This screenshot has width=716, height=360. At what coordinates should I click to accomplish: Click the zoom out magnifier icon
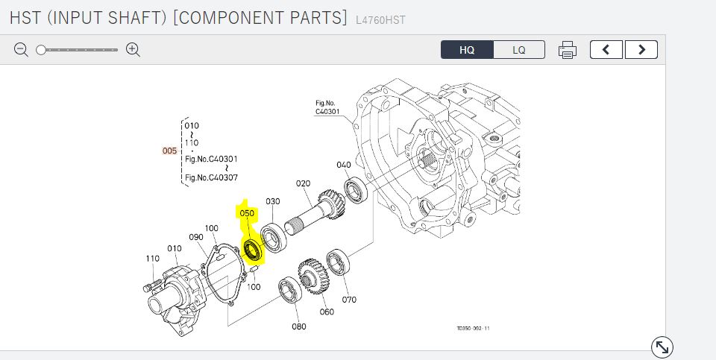pyautogui.click(x=21, y=50)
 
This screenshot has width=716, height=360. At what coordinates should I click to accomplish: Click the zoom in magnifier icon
pyautogui.click(x=134, y=50)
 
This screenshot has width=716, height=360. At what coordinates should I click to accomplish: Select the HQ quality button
pyautogui.click(x=467, y=50)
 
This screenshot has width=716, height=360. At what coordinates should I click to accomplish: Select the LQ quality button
pyautogui.click(x=519, y=50)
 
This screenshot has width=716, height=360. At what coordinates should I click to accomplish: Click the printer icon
pyautogui.click(x=568, y=50)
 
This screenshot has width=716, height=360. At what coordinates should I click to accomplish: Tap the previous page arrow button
pyautogui.click(x=606, y=50)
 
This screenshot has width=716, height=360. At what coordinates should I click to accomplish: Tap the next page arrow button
pyautogui.click(x=641, y=50)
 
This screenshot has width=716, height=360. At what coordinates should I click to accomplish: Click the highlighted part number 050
pyautogui.click(x=247, y=213)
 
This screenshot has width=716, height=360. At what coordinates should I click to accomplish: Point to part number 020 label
pyautogui.click(x=303, y=183)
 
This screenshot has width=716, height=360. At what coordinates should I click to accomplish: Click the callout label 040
pyautogui.click(x=344, y=165)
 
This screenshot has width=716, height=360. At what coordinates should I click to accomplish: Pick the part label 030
pyautogui.click(x=273, y=201)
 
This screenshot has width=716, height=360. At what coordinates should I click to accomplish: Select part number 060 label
pyautogui.click(x=327, y=312)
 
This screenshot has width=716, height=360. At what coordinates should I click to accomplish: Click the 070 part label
pyautogui.click(x=349, y=300)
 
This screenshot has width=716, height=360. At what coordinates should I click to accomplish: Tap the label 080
pyautogui.click(x=299, y=326)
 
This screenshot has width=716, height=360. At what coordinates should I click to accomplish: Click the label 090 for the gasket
pyautogui.click(x=196, y=237)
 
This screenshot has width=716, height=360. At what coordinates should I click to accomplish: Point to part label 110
pyautogui.click(x=153, y=259)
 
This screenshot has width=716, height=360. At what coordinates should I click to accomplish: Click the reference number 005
pyautogui.click(x=170, y=151)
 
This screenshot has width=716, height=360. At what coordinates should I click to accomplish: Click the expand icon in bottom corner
pyautogui.click(x=662, y=347)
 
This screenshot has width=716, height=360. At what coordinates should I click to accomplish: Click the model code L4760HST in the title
pyautogui.click(x=380, y=20)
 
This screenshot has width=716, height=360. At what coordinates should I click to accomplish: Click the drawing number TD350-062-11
pyautogui.click(x=474, y=327)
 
